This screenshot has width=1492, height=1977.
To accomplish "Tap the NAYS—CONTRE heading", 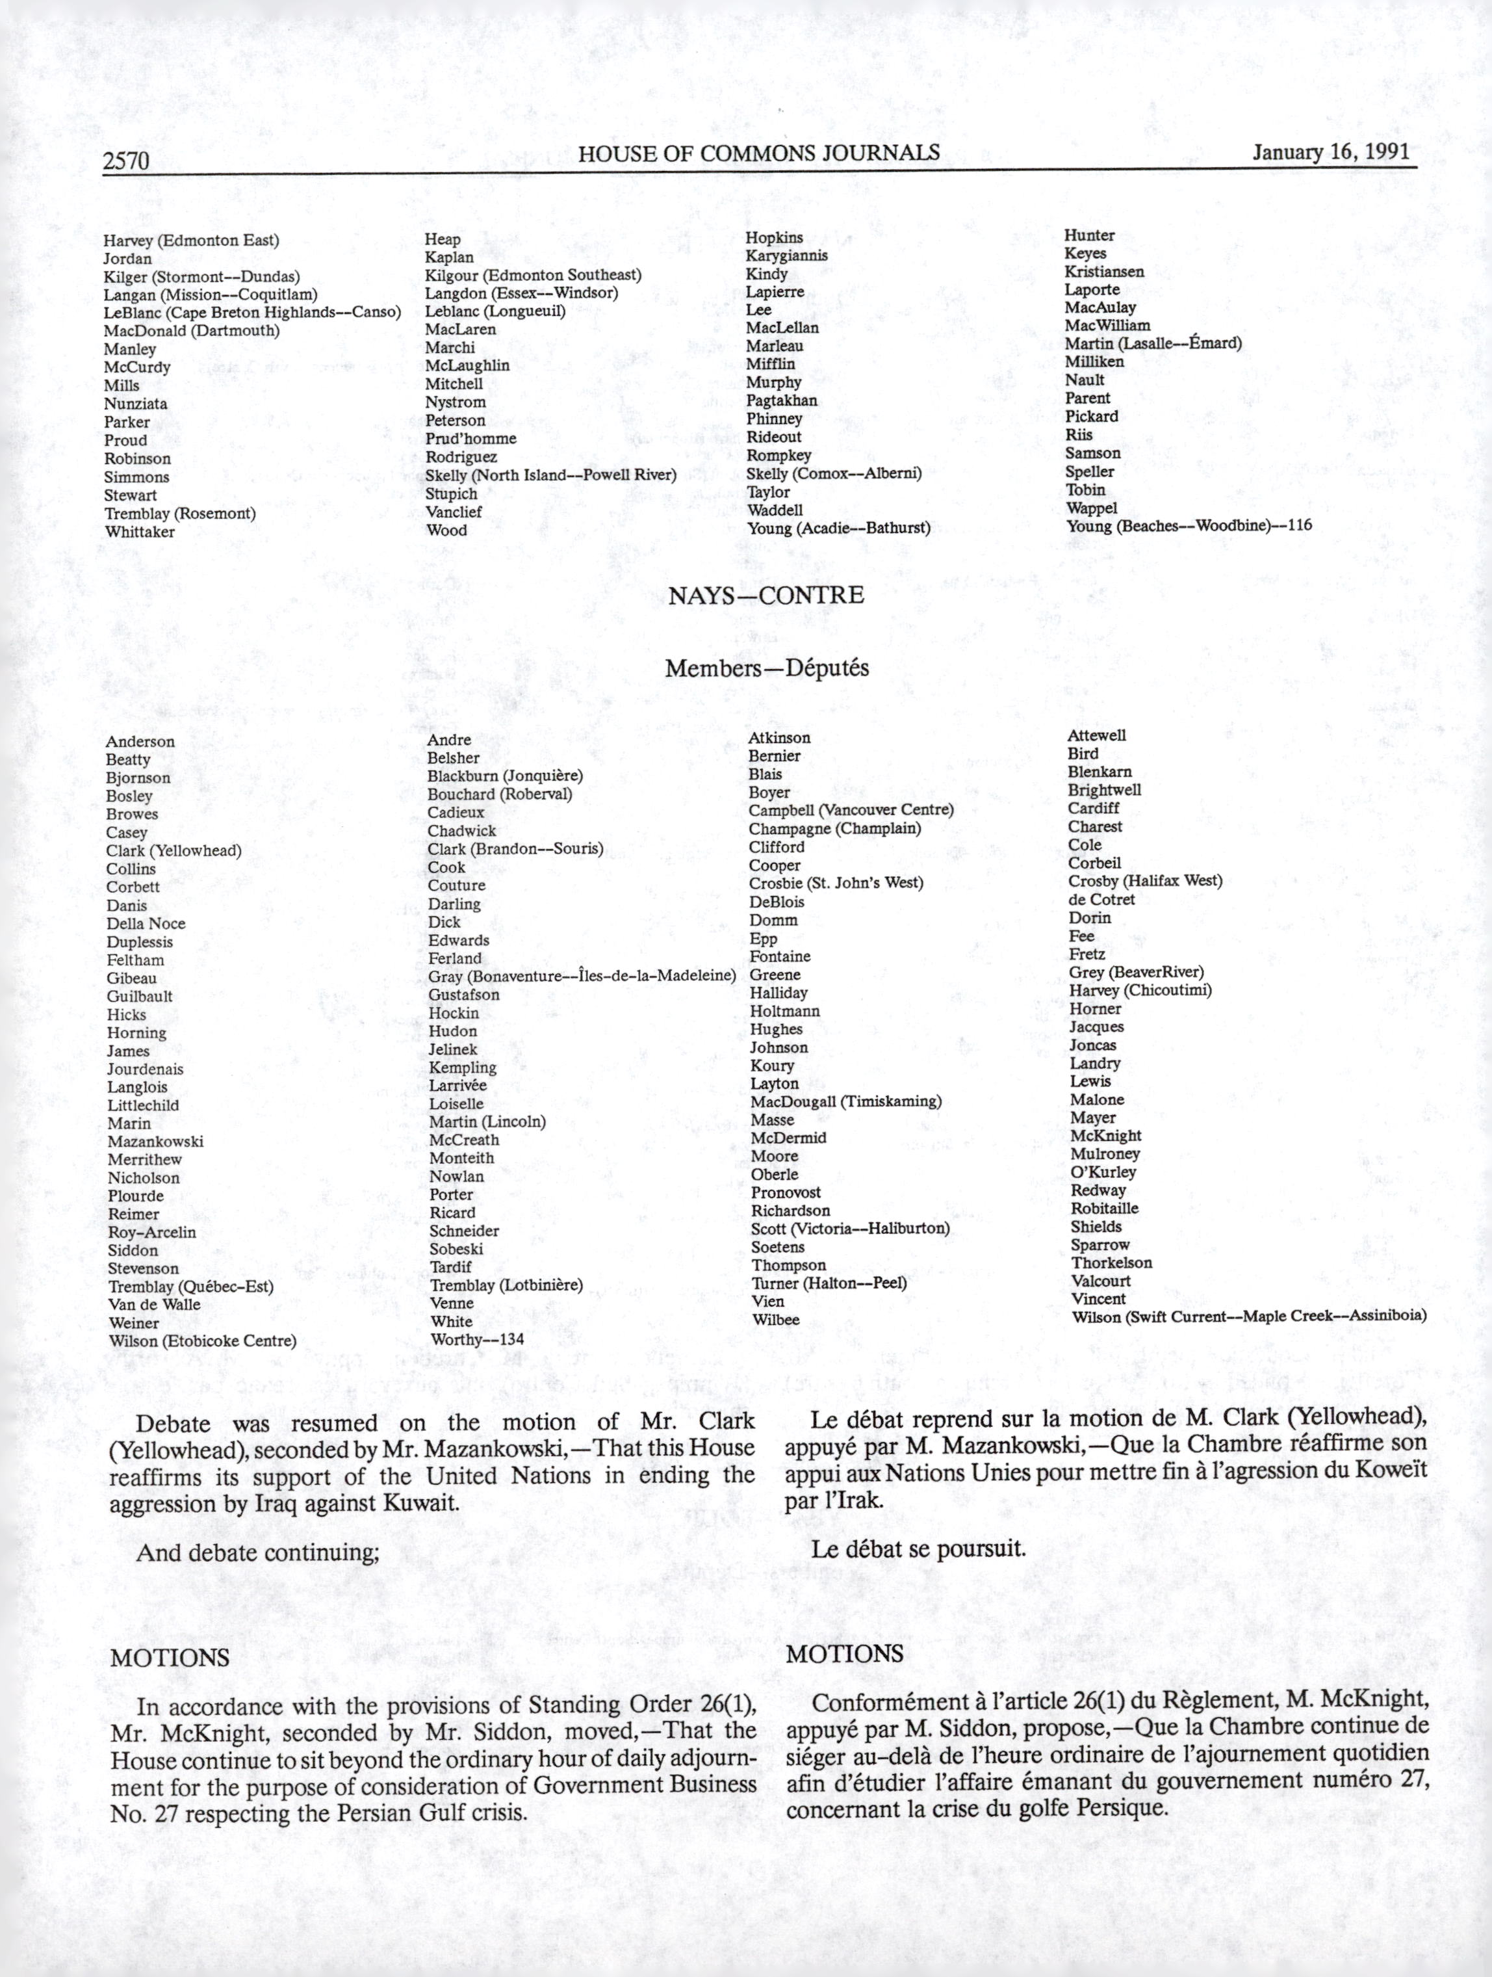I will [765, 596].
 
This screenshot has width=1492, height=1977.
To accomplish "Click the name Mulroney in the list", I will [1105, 1154].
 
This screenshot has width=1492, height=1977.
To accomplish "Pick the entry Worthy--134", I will [477, 1340].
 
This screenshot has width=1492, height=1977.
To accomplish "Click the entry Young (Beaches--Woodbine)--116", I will [1189, 525].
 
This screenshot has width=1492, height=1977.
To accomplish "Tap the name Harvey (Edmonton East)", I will [191, 241].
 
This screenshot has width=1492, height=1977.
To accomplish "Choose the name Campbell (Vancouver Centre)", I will [851, 811].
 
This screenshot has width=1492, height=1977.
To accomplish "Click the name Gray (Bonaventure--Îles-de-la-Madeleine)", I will [582, 976].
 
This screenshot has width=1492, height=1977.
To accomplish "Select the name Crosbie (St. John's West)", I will [835, 883].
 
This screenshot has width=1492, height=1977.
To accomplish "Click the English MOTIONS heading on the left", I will [170, 1658].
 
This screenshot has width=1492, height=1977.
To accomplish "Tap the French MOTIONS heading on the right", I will [844, 1655].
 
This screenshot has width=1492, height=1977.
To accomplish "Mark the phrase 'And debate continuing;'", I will [257, 1552].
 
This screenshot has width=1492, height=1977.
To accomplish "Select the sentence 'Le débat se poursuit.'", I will [918, 1549].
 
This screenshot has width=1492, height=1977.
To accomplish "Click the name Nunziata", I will [136, 404].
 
